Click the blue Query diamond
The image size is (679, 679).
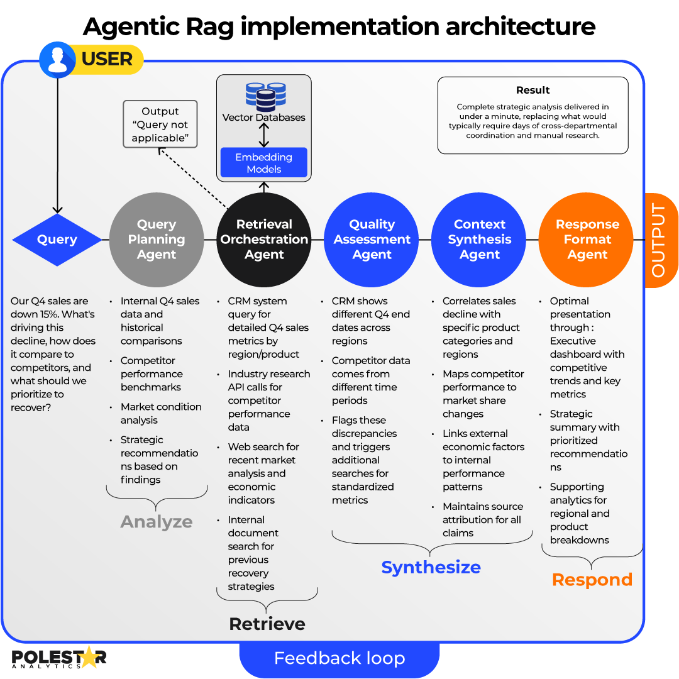click(x=57, y=240)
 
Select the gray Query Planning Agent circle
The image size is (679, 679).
click(x=157, y=240)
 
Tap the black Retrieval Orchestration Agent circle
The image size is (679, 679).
click(x=264, y=240)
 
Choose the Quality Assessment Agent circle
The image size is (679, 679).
click(x=372, y=240)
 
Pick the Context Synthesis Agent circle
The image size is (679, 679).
click(x=479, y=240)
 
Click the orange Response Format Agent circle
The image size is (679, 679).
click(x=587, y=240)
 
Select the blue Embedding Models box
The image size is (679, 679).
click(x=264, y=163)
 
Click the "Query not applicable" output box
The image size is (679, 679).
click(x=160, y=124)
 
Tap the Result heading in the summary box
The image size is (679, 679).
click(x=533, y=90)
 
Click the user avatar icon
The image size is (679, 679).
click(x=57, y=60)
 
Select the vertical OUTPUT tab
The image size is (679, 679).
click(x=660, y=240)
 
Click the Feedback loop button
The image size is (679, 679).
click(x=339, y=658)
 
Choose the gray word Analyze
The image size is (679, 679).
click(x=157, y=522)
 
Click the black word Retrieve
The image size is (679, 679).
click(x=267, y=624)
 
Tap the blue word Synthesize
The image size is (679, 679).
click(x=431, y=567)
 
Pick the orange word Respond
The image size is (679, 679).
click(x=592, y=580)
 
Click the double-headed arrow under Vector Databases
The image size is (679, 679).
click(x=264, y=135)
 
